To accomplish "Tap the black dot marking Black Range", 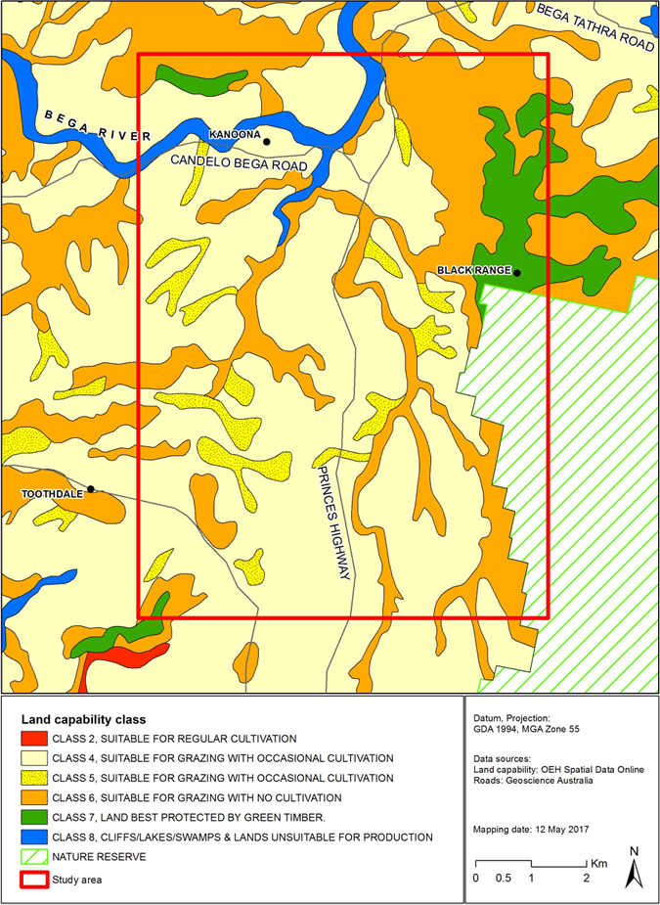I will (517, 273).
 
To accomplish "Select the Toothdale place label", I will (52, 495).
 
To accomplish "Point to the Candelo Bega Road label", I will (239, 165).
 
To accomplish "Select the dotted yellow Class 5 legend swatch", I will (38, 778).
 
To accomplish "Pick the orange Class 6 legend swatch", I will (38, 797).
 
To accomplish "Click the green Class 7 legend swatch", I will (38, 817).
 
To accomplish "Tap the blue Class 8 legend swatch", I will (38, 837).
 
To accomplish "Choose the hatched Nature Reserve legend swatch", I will (38, 857).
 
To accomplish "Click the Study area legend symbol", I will (38, 878).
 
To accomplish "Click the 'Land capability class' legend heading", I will (83, 719).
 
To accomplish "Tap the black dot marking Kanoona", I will (266, 141).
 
